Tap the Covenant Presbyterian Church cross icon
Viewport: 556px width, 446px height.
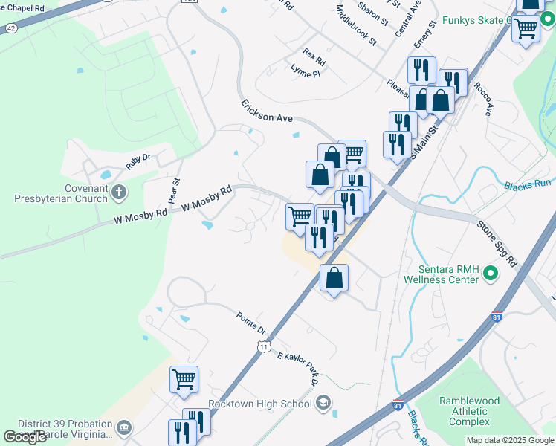click(x=118, y=193)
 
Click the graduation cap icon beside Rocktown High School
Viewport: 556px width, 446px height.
click(x=323, y=404)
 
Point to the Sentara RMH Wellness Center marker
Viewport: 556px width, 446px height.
click(x=490, y=274)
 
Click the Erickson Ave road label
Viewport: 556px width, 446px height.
click(x=267, y=112)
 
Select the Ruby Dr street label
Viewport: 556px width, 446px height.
click(x=138, y=161)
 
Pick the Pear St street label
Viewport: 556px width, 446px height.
click(x=176, y=191)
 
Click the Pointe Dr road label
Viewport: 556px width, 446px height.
click(x=251, y=323)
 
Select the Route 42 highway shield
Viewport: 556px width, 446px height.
click(x=10, y=28)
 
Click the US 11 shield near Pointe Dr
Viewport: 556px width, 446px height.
click(x=263, y=346)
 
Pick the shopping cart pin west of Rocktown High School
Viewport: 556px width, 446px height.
click(x=184, y=379)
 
